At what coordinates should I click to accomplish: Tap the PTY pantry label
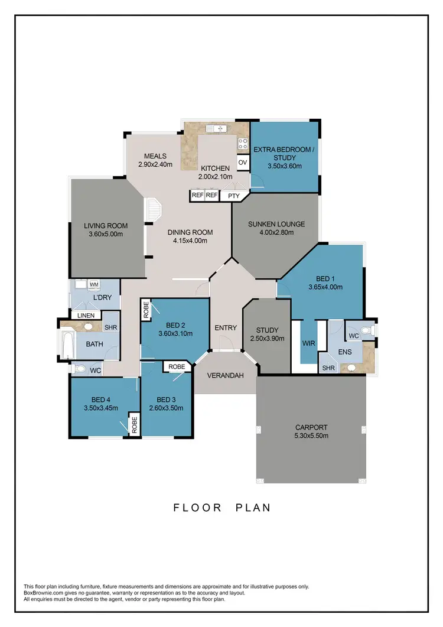tap(233, 196)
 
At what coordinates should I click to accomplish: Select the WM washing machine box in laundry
tap(93, 285)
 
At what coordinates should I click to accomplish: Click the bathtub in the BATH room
tap(66, 345)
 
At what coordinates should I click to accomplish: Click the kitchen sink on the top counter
tap(217, 128)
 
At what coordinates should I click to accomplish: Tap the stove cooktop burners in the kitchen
tap(242, 144)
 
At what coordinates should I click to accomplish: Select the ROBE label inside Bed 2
tap(145, 310)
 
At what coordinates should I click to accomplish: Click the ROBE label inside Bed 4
tap(134, 425)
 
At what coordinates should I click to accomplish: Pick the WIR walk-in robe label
tap(308, 343)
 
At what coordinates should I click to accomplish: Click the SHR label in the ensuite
tap(327, 368)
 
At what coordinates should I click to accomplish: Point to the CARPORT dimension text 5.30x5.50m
tap(311, 436)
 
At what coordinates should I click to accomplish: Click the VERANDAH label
tap(226, 375)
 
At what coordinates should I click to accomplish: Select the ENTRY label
tap(226, 328)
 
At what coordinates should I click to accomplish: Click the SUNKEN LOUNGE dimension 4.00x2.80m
tap(276, 233)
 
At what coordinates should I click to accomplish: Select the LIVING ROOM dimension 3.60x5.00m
tap(106, 235)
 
